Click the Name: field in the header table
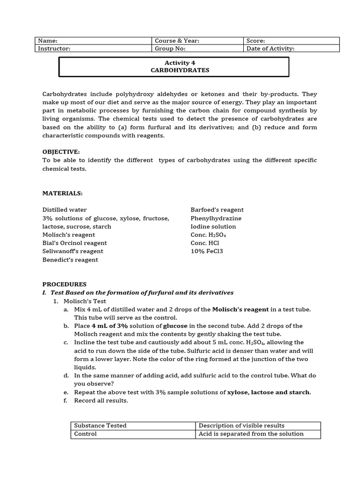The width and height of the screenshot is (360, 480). point(93,41)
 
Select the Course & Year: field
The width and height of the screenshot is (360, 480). point(197,41)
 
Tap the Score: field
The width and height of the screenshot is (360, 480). point(291,41)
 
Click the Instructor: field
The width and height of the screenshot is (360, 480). point(93,48)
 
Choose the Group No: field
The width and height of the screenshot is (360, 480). point(197,48)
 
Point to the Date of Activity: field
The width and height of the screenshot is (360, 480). point(291,48)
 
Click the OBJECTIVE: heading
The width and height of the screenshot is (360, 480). point(61,152)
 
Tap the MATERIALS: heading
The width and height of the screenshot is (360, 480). point(62,193)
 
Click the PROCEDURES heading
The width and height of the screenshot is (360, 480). point(64,284)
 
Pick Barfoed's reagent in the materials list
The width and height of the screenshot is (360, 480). point(217,210)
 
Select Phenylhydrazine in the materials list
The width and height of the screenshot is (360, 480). point(216,218)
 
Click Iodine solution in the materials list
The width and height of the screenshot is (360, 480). point(213,226)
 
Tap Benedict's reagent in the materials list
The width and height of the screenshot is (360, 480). point(70,260)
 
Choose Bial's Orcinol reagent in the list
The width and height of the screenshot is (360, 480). point(75,243)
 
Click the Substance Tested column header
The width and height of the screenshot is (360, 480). point(100,426)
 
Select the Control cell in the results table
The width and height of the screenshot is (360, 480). point(86,434)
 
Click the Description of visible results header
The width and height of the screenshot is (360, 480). point(241,426)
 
